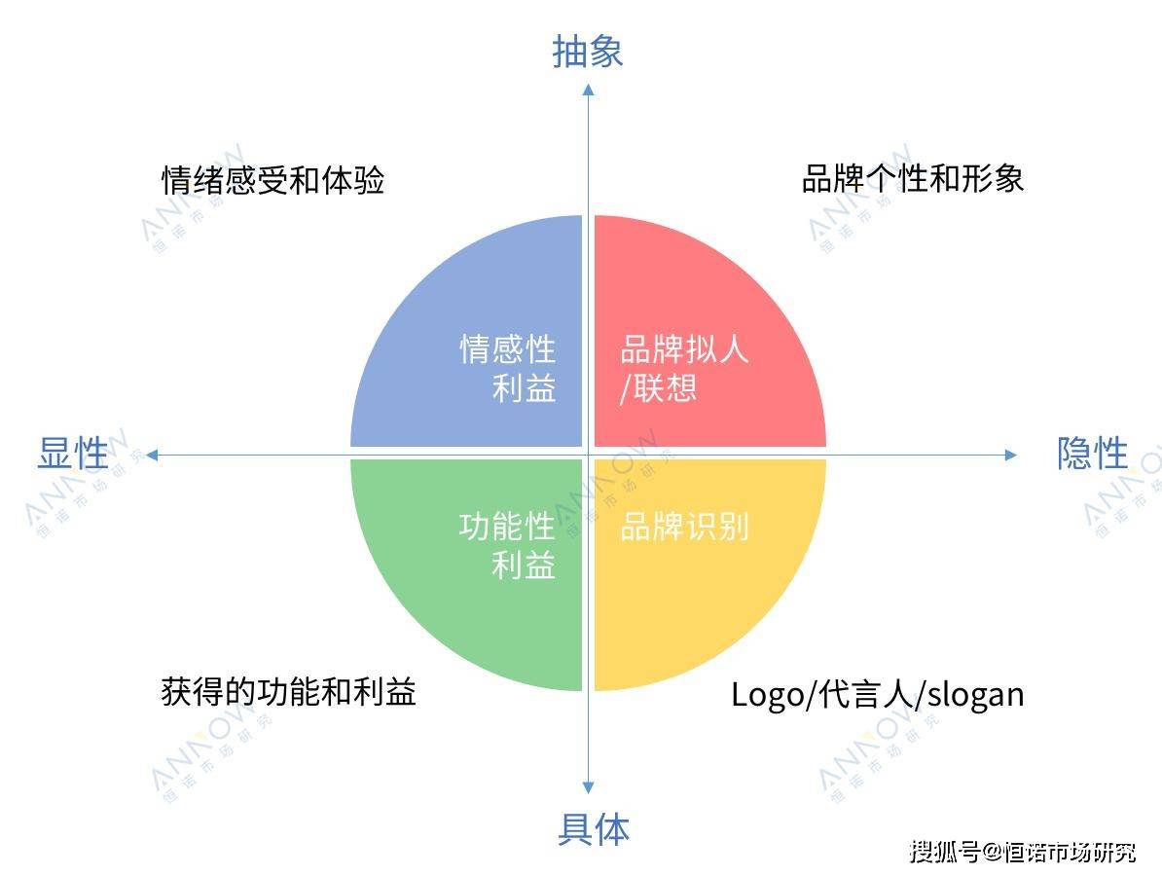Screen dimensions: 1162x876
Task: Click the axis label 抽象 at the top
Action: click(588, 52)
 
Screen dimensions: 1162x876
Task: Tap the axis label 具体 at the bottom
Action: click(594, 828)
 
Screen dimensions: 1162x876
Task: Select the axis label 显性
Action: click(73, 453)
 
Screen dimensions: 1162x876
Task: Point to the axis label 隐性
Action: click(1092, 453)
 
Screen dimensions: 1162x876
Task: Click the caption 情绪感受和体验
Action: click(272, 180)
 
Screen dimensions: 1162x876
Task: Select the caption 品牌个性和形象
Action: click(913, 179)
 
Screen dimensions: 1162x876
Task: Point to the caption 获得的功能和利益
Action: click(288, 691)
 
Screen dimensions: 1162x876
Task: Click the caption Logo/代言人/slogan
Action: click(878, 695)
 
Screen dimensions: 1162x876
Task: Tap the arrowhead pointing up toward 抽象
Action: click(589, 90)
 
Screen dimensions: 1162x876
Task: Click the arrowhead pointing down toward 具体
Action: click(589, 787)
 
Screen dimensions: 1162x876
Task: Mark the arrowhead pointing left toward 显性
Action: click(152, 455)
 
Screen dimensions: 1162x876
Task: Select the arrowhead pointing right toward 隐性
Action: click(1011, 455)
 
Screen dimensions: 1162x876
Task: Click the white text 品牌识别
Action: click(684, 527)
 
